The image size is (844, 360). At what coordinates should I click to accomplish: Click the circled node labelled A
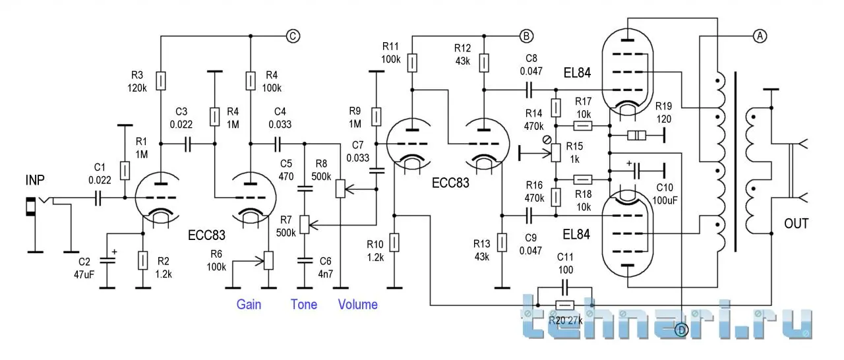759,37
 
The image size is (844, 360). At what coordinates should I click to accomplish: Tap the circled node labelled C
293,37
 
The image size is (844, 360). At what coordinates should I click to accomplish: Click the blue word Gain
249,305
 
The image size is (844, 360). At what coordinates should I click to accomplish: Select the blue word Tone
304,305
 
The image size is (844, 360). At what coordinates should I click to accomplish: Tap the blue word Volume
358,305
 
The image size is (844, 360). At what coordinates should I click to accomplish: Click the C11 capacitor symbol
564,287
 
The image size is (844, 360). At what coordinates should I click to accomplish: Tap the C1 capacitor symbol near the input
97,196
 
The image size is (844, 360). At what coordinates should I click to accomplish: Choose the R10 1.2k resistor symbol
394,243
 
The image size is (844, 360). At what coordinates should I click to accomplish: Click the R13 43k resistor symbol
502,242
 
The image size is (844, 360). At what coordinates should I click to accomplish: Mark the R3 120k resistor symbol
161,81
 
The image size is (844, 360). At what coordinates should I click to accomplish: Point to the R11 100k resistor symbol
412,63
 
